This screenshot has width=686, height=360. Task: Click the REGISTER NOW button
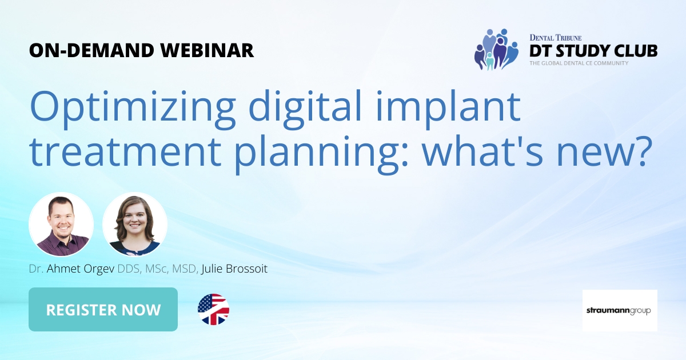click(x=103, y=310)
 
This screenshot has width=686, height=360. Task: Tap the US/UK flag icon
click(x=213, y=310)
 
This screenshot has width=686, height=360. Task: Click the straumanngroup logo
click(x=620, y=310)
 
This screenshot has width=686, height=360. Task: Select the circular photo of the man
click(x=61, y=224)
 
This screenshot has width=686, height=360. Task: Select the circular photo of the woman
click(x=135, y=224)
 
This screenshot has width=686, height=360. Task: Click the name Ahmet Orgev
click(x=83, y=269)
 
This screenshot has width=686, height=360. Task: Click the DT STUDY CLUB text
click(x=593, y=51)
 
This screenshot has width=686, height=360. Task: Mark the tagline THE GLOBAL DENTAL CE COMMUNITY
click(x=579, y=63)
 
